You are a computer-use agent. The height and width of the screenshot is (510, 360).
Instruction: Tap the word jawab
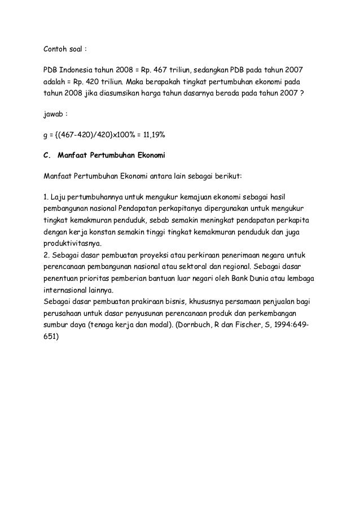[x=54, y=115]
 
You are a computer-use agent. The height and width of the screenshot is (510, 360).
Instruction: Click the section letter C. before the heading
[x=47, y=154]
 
